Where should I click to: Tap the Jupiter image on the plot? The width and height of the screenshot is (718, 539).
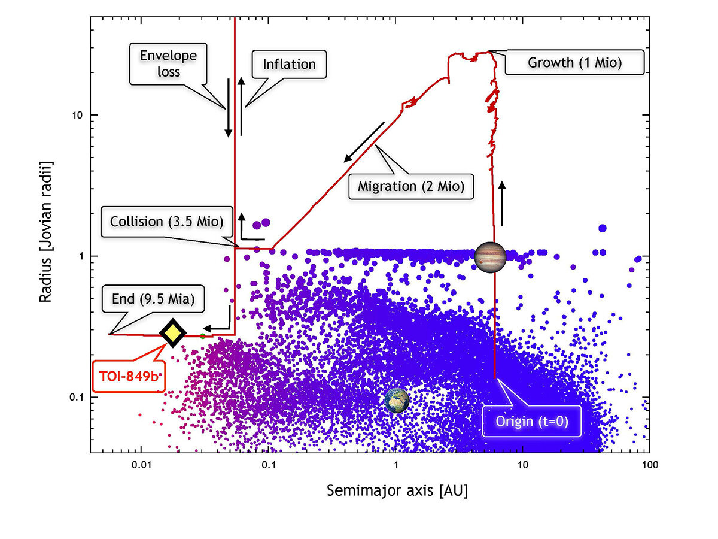click(x=490, y=257)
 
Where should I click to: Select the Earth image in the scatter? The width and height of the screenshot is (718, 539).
click(x=397, y=401)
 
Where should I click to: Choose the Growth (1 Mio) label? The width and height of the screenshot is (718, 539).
click(x=574, y=62)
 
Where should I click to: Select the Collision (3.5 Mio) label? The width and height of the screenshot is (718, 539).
click(x=167, y=222)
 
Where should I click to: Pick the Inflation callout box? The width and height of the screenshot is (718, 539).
click(x=290, y=64)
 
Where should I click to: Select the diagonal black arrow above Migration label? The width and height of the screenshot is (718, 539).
click(x=364, y=143)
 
